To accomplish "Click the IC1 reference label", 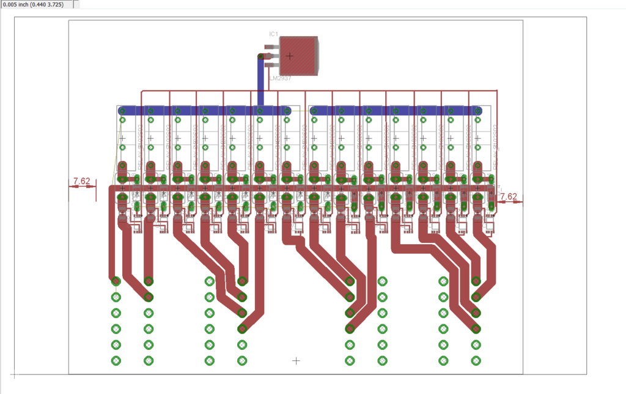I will [x=273, y=34].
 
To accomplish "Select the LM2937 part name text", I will [x=280, y=78].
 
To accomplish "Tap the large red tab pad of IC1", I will [x=298, y=56].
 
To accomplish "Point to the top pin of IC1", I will [x=270, y=46].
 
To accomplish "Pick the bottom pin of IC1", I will [x=270, y=65].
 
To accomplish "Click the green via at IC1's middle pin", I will [x=261, y=56].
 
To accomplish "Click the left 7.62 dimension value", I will [x=81, y=181].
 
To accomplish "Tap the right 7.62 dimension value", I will [x=508, y=196].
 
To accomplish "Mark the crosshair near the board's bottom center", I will [x=296, y=361].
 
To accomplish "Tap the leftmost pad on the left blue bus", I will [x=122, y=111].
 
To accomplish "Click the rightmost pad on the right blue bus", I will [x=477, y=111].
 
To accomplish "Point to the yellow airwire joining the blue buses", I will [x=300, y=111].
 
